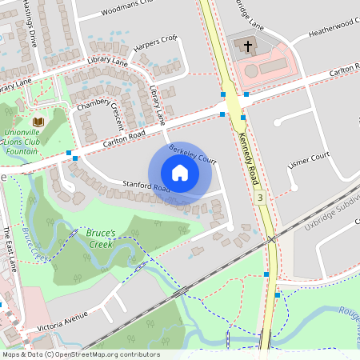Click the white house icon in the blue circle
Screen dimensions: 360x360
(179, 172)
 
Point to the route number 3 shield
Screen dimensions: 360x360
(260, 197)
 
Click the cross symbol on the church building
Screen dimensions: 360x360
(248, 47)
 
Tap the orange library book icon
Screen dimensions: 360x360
(37, 122)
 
